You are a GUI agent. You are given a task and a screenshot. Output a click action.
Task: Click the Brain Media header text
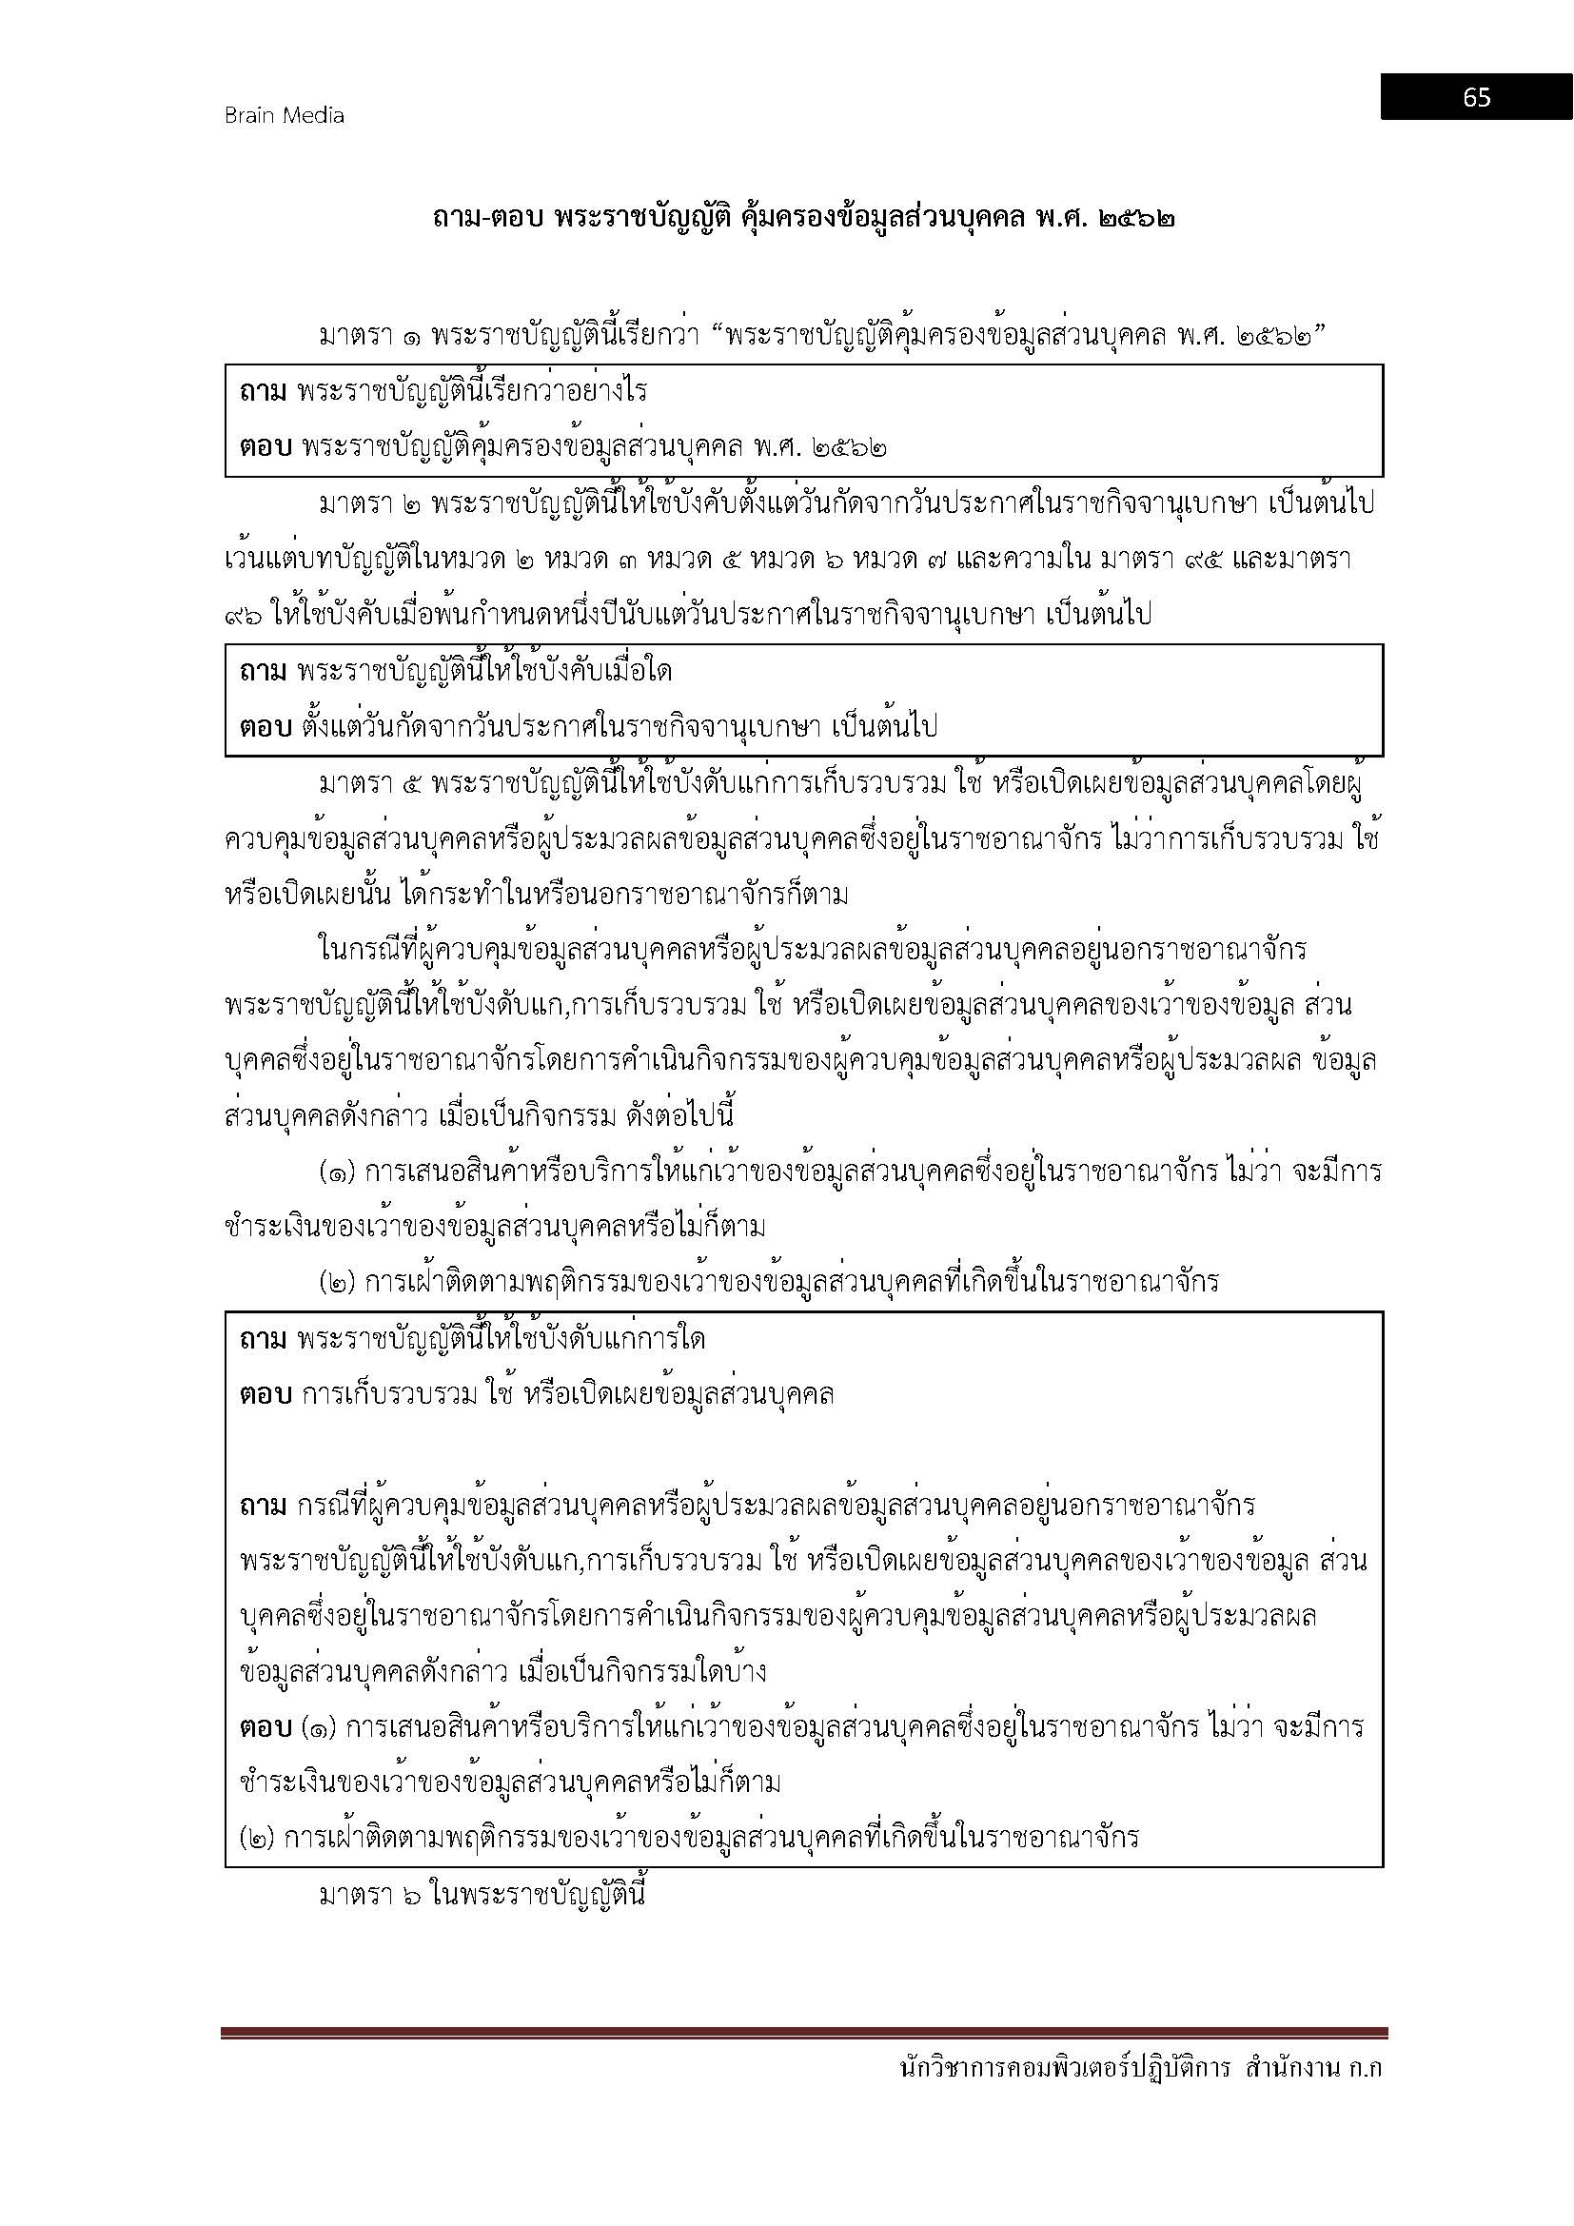tap(284, 115)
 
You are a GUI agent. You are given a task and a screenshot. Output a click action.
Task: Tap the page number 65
tap(1476, 97)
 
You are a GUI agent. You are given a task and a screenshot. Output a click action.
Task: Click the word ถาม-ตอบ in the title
tap(487, 218)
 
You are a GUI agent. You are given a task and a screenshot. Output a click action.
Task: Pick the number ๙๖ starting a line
tap(242, 615)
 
